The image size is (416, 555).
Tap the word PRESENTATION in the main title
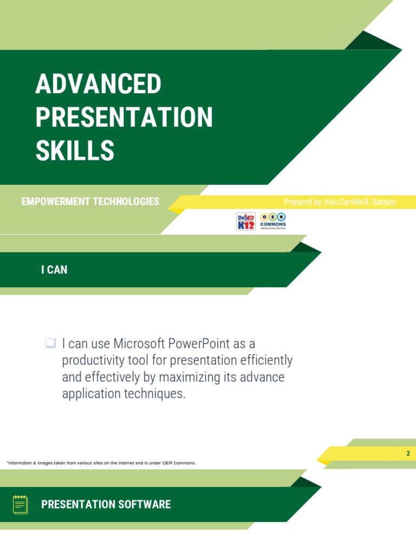coord(124,118)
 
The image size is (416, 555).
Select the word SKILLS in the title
coord(75,151)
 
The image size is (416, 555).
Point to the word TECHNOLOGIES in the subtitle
coord(126,202)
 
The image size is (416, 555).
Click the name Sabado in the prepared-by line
coord(382,202)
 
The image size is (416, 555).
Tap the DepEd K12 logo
coord(246,221)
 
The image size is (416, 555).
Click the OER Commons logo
coord(273,220)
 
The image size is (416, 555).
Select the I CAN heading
coord(54,269)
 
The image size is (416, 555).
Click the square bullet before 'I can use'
coord(50,343)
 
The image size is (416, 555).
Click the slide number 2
coord(408,454)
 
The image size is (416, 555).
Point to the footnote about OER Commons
coord(101,463)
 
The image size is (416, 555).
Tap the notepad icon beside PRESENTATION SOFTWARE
coord(20,505)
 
